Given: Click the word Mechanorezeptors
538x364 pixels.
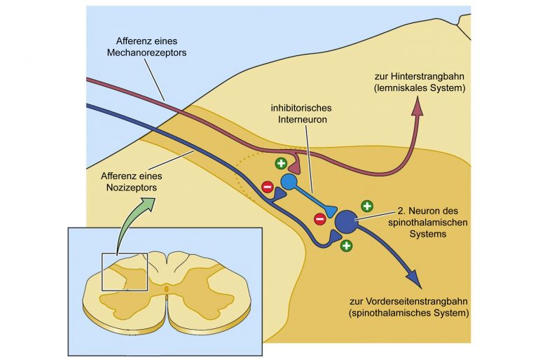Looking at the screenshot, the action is [146, 52].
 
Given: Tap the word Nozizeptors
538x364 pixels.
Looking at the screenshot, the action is [132, 188].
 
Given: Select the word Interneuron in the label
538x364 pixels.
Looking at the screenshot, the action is [303, 119].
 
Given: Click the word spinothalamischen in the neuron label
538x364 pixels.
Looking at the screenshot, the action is [428, 223].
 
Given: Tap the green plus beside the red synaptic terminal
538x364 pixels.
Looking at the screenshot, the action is [281, 163].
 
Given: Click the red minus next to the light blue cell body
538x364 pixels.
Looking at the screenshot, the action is [268, 187].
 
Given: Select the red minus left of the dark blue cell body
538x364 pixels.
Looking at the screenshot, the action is [319, 218].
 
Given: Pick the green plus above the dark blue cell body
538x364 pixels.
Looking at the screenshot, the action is [367, 206].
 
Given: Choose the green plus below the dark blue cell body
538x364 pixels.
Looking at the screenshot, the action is [346, 246].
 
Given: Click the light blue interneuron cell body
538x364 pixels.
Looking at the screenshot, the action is [289, 182].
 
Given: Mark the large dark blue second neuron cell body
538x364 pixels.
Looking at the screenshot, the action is [347, 222].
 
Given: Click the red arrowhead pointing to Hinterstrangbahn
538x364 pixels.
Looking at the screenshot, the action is [418, 106].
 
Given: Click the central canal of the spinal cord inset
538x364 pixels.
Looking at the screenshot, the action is [167, 289].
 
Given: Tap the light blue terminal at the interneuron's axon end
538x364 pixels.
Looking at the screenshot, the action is [331, 211].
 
